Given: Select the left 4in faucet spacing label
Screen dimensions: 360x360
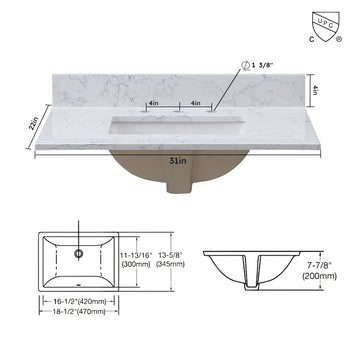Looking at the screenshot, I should click(x=153, y=102).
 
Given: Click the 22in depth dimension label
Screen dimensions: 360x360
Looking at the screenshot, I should click(x=32, y=127).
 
